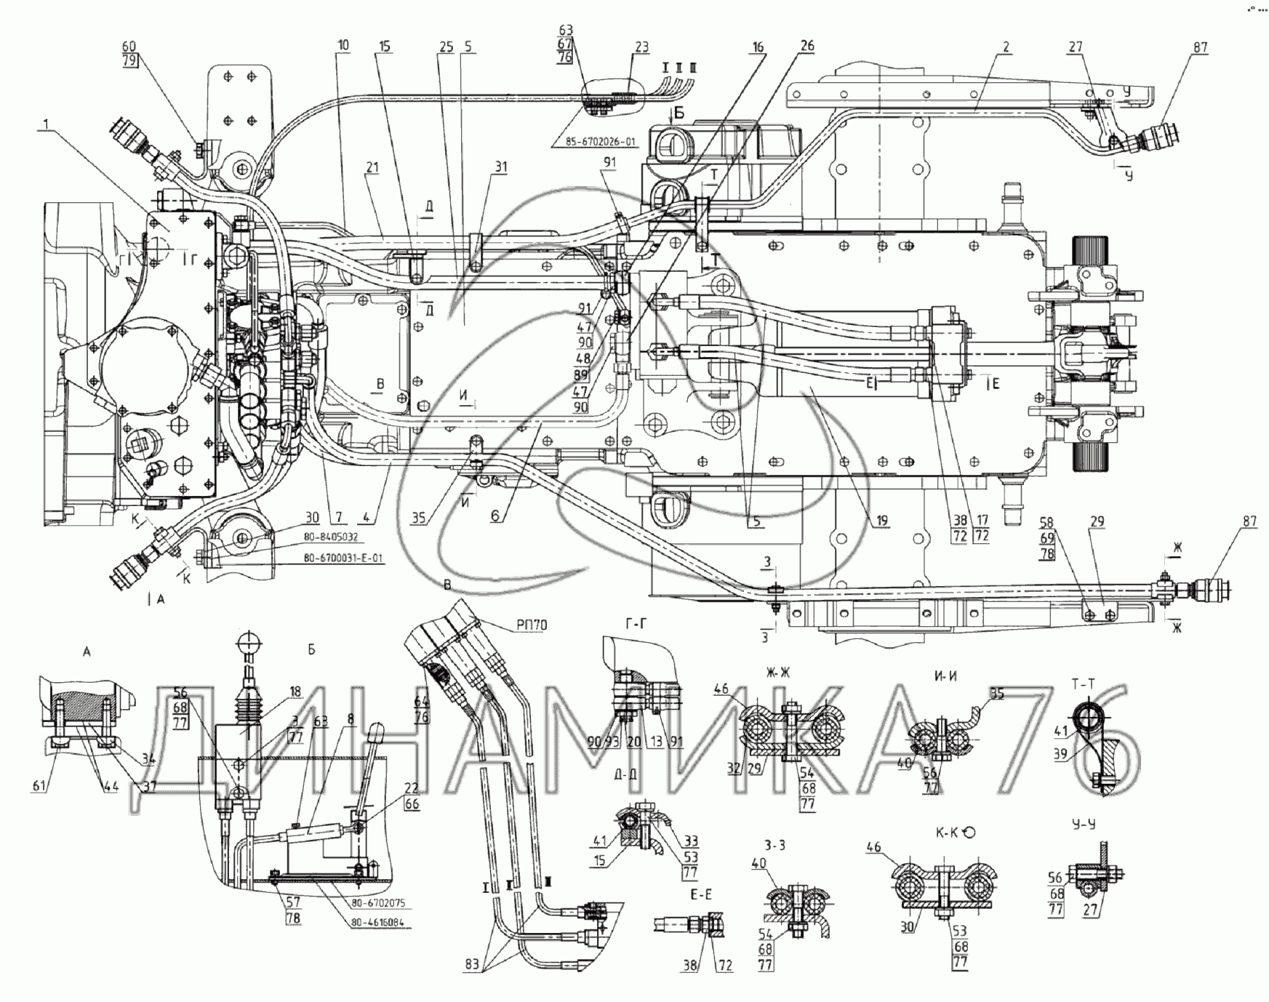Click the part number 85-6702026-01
click(x=601, y=142)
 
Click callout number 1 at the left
click(x=46, y=125)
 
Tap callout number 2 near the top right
click(x=1006, y=47)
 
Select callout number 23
click(x=641, y=47)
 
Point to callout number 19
click(x=882, y=521)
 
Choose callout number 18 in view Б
click(x=295, y=692)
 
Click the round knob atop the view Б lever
click(x=247, y=641)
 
